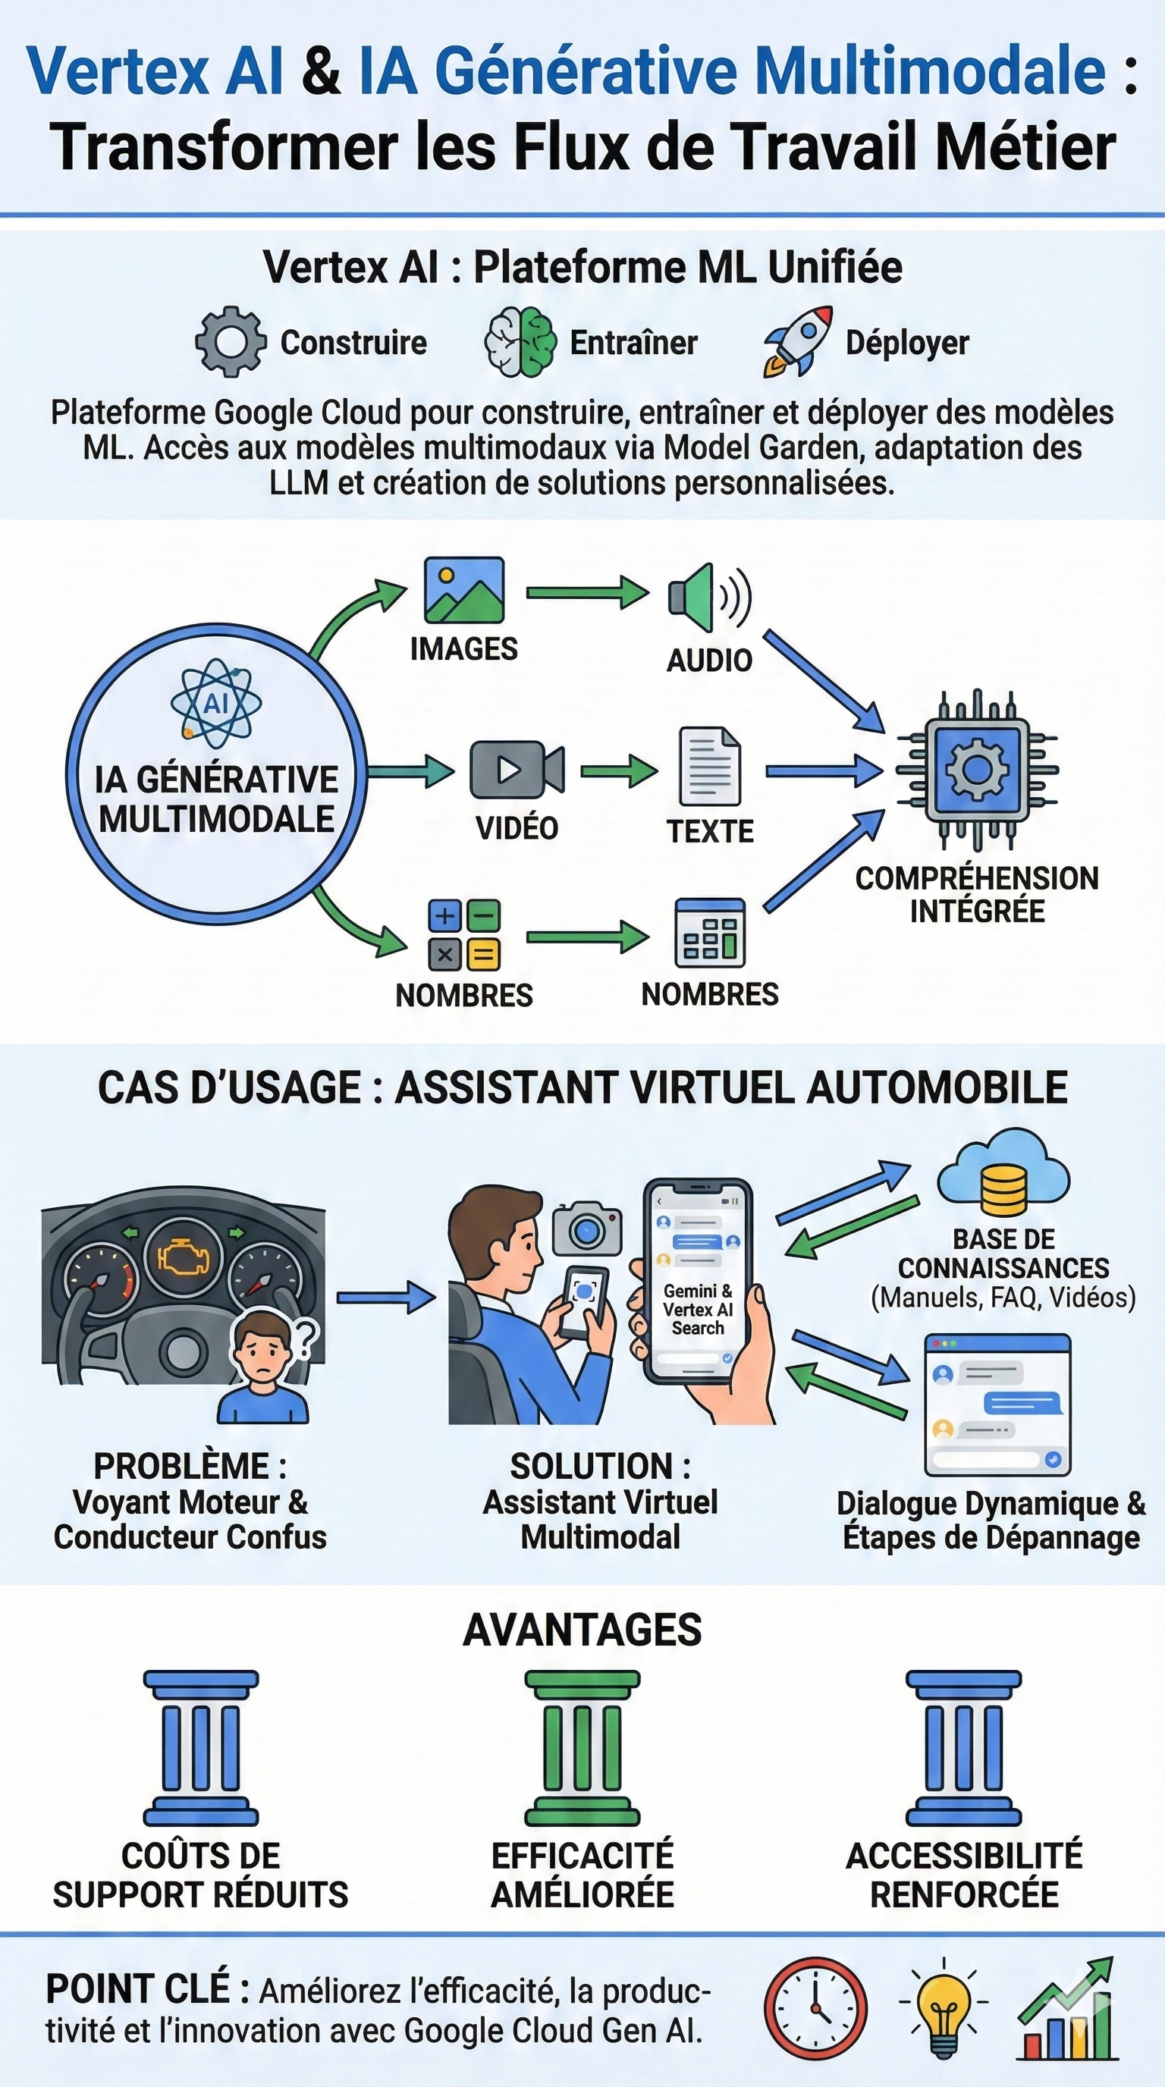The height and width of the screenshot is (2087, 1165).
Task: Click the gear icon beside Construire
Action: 231,341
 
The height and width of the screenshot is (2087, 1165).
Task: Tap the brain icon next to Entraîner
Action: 520,341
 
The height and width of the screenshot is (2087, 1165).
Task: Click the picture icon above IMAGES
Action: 464,590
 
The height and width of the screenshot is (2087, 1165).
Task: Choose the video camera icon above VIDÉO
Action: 517,769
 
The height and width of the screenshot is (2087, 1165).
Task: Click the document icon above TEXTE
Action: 710,766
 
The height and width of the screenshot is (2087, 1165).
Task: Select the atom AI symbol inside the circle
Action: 215,702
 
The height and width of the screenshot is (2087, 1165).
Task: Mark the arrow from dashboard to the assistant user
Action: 385,1297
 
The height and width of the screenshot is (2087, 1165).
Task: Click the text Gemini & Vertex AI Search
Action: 698,1309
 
